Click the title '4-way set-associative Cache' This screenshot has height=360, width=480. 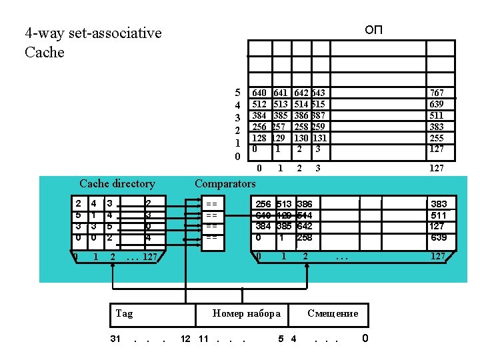click(x=93, y=42)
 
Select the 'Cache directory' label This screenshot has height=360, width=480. click(x=117, y=183)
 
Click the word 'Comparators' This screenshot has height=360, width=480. click(x=225, y=183)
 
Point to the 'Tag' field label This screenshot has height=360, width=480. click(x=124, y=313)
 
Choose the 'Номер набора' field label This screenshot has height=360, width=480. click(x=246, y=313)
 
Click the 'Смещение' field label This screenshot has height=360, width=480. click(x=333, y=313)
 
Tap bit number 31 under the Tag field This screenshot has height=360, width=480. click(x=115, y=339)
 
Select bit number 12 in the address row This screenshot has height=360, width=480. click(x=187, y=339)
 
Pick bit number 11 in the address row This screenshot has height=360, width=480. click(x=204, y=339)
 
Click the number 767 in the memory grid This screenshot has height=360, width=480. click(x=437, y=93)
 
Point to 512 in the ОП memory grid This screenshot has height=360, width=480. click(x=259, y=104)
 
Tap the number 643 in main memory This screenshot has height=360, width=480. click(x=319, y=93)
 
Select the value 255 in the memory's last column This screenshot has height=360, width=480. click(x=437, y=138)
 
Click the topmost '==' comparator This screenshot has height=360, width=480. click(x=211, y=203)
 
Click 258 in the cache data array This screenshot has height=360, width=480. click(x=304, y=237)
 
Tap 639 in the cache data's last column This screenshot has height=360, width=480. click(x=439, y=237)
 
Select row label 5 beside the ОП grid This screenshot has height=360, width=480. click(x=237, y=93)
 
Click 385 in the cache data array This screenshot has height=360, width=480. click(x=283, y=226)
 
